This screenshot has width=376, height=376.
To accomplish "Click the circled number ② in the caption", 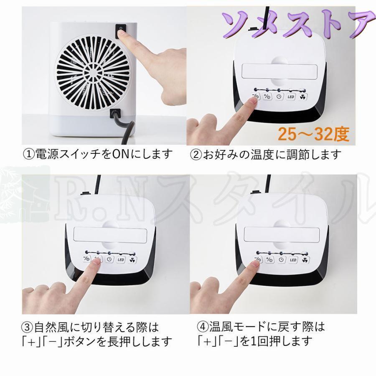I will click(x=196, y=155).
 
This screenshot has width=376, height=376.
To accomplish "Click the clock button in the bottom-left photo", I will click(x=109, y=259).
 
